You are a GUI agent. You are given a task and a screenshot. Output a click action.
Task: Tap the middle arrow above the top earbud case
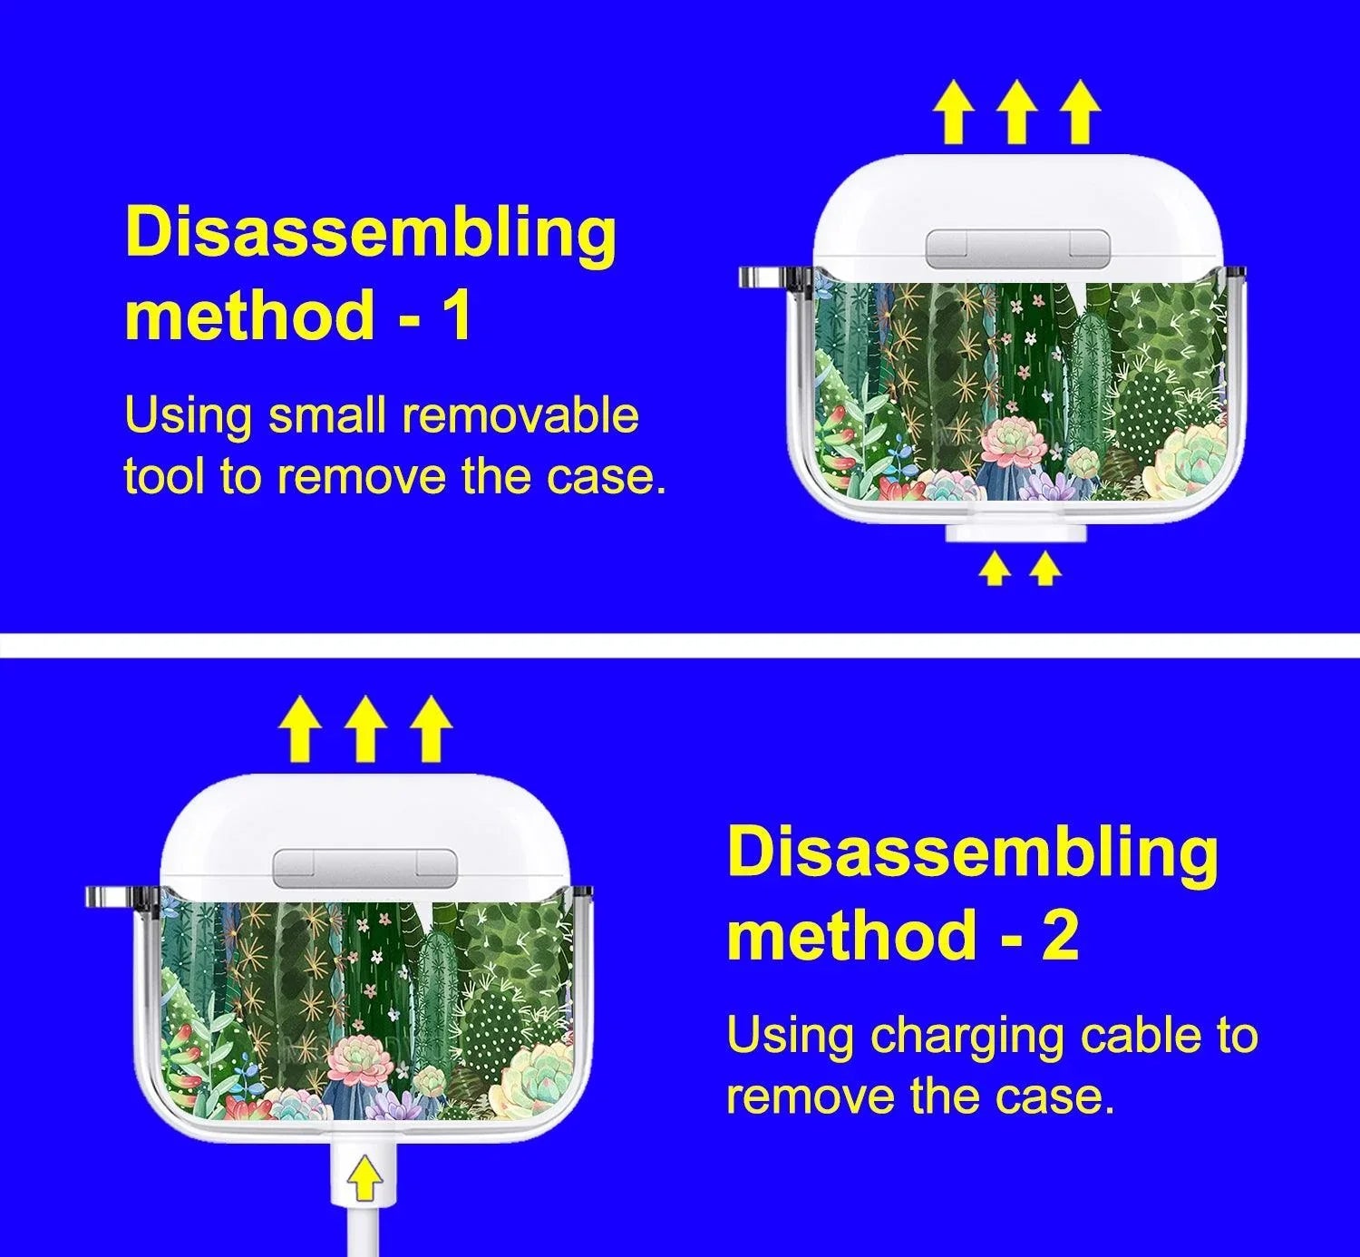pyautogui.click(x=1017, y=112)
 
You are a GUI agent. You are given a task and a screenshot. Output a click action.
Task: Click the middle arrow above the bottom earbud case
pyautogui.click(x=365, y=728)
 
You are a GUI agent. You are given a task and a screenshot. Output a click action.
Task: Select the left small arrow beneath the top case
pyautogui.click(x=995, y=570)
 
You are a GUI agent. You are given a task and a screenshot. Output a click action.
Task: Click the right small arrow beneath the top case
pyautogui.click(x=1045, y=570)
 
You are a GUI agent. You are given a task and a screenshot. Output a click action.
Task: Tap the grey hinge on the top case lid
pyautogui.click(x=1017, y=248)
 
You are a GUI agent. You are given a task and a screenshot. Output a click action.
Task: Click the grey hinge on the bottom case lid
pyautogui.click(x=365, y=868)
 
